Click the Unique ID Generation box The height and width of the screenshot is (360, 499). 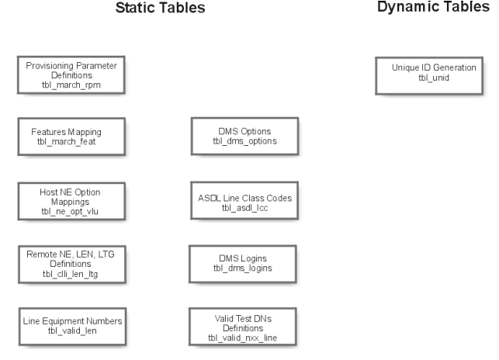click(433, 74)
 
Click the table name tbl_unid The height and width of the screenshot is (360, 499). click(433, 80)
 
